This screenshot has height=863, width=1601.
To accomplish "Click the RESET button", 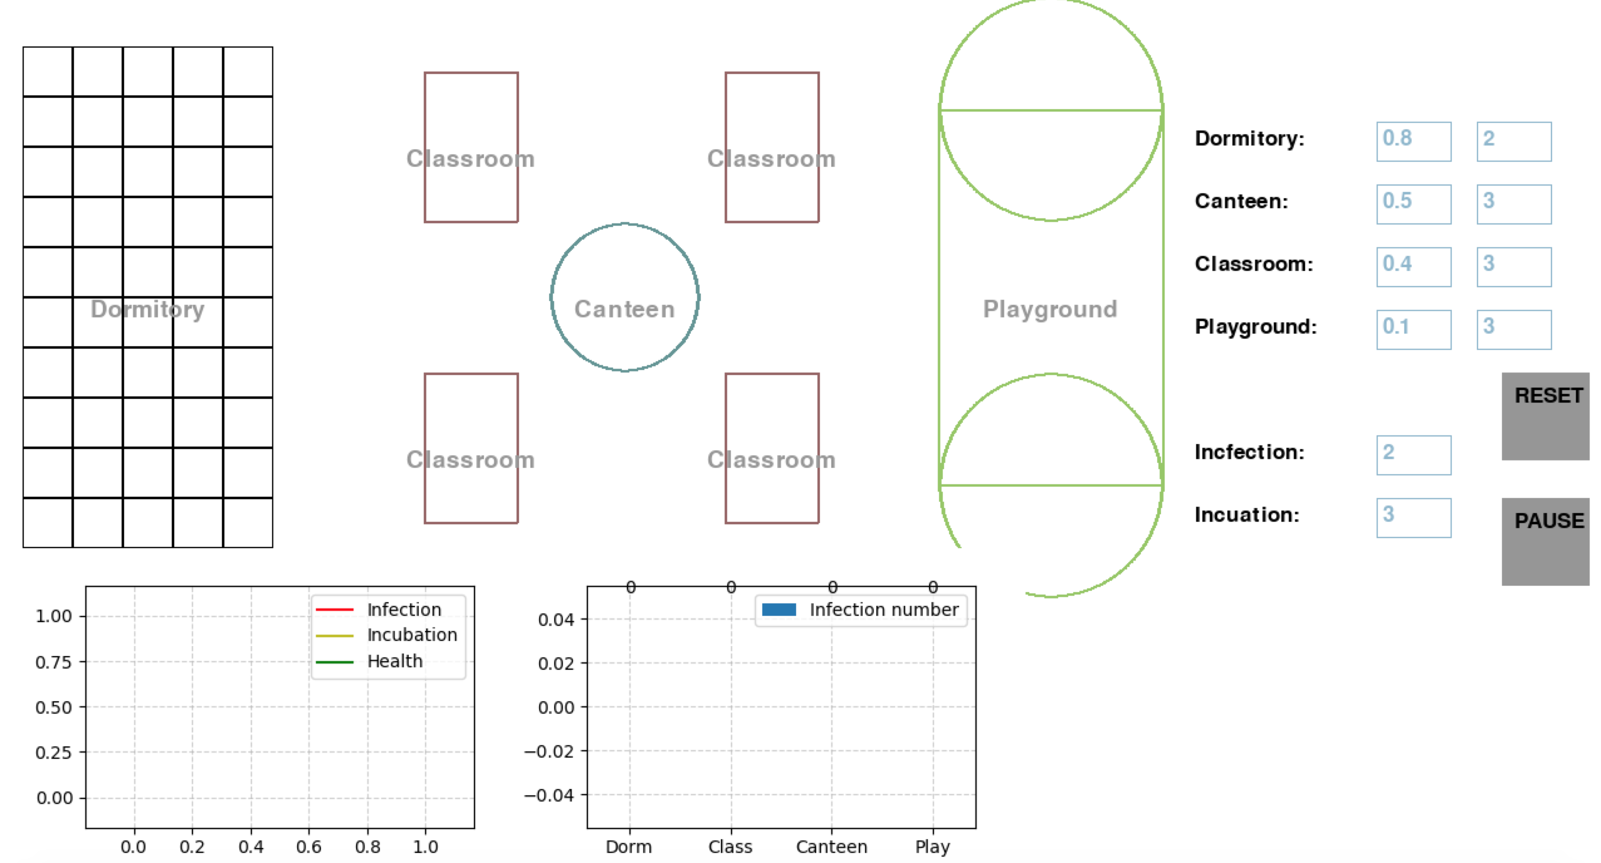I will [1545, 416].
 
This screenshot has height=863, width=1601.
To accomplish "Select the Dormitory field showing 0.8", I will [1413, 141].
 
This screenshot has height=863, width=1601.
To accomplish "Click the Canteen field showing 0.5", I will [1413, 204].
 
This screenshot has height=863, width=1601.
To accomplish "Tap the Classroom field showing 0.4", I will [1413, 267].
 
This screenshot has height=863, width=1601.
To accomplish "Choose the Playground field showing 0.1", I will [1413, 329].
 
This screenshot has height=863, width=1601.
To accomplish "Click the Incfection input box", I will [1413, 455].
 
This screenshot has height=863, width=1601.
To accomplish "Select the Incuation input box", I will [1413, 517].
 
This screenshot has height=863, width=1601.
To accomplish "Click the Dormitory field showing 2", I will [1513, 141].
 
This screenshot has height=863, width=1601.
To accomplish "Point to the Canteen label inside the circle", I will [624, 309].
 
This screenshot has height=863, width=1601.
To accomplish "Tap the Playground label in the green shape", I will [1050, 309].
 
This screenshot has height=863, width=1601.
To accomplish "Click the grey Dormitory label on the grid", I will [147, 309].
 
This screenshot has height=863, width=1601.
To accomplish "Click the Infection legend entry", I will [404, 610].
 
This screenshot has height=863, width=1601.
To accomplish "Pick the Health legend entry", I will [394, 661].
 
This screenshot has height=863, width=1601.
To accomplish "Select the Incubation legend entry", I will [411, 635].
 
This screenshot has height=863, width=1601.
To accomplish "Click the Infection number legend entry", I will [883, 610].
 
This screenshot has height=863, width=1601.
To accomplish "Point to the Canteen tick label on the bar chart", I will [831, 847].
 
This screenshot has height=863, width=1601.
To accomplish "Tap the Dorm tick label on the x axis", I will [629, 847].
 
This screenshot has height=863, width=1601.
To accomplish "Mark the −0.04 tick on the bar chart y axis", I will [549, 795].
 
